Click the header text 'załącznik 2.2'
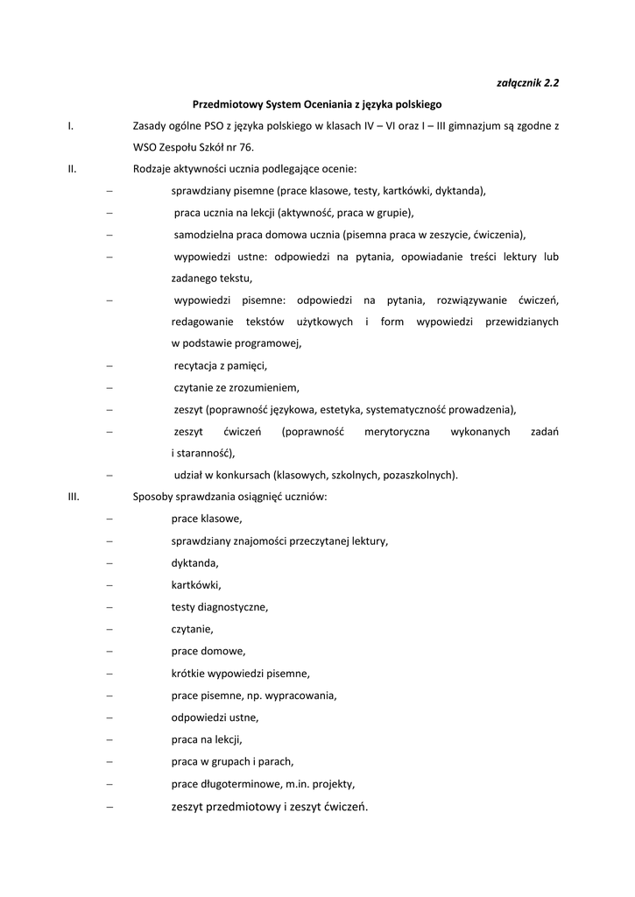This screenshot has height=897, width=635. point(527,83)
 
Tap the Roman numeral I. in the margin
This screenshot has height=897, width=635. point(70,126)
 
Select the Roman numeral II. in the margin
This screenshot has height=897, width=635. point(73,169)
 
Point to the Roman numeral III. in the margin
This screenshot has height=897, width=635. point(74,498)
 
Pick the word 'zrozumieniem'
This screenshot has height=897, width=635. point(268,387)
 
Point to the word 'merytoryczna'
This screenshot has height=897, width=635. point(377,432)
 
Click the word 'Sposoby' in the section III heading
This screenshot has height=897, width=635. point(152,498)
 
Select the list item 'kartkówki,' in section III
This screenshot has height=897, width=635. point(196,585)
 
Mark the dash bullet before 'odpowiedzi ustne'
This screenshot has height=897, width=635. point(109,717)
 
